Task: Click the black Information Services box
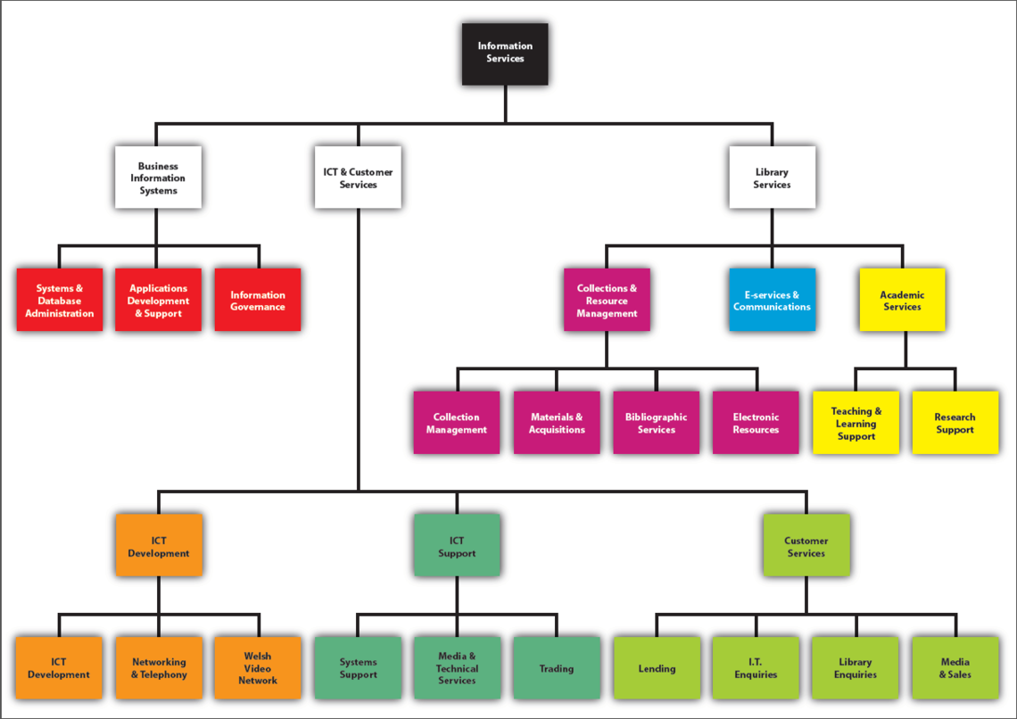coord(505,54)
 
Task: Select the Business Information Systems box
coord(158,178)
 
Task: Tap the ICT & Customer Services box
coord(358,178)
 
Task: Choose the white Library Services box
coord(772,178)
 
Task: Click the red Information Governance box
coord(258,301)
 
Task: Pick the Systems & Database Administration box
coord(59,301)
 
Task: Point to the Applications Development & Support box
coord(158,301)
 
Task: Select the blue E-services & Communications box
coord(772,301)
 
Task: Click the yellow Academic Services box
coord(902,301)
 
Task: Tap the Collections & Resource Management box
coord(607,301)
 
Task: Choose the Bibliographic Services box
coord(656,423)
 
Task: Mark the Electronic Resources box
coord(756,423)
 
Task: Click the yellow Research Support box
coord(955,423)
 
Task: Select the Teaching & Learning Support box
coord(856,423)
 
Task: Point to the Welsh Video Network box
coord(258,668)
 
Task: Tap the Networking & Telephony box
coord(159,668)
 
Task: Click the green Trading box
coord(556,668)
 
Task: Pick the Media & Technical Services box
coord(457,668)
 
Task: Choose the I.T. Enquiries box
coord(756,668)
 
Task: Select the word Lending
coord(657,669)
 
